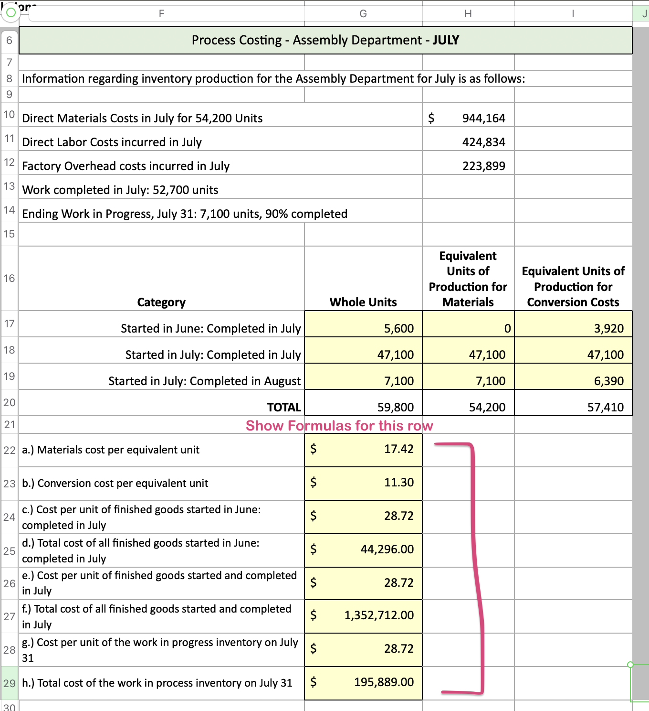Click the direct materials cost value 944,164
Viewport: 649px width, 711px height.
point(483,118)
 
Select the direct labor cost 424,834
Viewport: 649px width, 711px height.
point(483,142)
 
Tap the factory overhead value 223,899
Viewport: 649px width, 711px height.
point(483,166)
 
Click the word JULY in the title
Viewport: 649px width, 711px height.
point(446,40)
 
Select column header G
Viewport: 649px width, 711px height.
point(363,14)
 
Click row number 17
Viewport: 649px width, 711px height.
point(9,324)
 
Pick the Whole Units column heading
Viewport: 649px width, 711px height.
point(363,302)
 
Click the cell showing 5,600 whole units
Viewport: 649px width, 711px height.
point(399,328)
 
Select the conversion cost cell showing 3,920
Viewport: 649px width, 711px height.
point(608,328)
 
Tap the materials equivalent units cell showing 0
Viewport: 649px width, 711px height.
point(507,328)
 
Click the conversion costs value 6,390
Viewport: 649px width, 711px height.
point(608,381)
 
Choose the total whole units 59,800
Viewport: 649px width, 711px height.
point(396,407)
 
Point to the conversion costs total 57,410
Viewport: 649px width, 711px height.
point(605,407)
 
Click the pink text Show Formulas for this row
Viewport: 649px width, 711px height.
point(339,425)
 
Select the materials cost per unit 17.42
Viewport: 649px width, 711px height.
point(398,449)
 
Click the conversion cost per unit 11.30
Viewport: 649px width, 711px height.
point(398,482)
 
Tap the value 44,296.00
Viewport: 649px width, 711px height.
point(387,549)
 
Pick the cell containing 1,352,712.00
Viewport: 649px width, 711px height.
point(379,615)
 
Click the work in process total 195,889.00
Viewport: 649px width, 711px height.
point(384,682)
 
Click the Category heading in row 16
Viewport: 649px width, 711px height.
point(161,302)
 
